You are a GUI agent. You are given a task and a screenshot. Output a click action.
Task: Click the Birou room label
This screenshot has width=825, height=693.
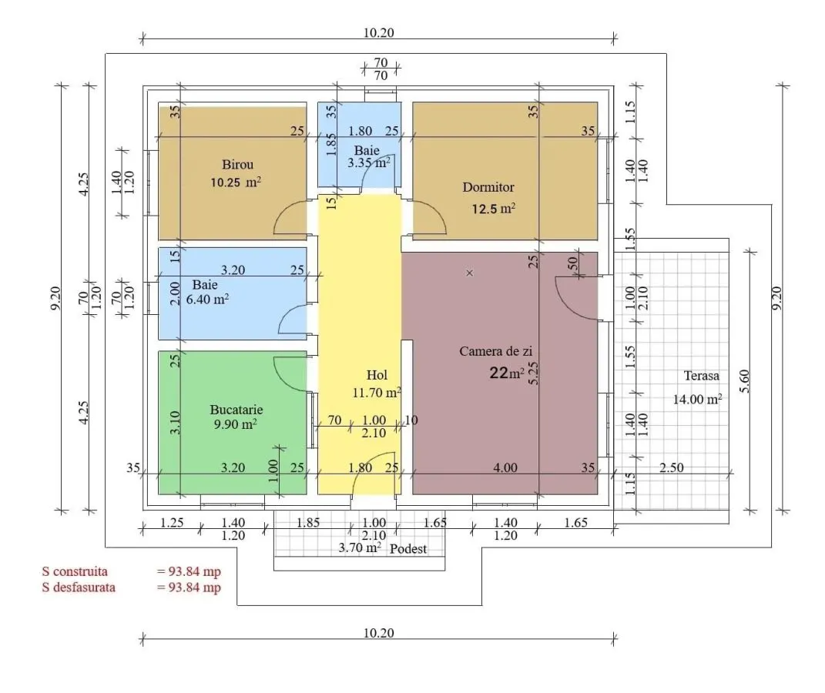(x=237, y=165)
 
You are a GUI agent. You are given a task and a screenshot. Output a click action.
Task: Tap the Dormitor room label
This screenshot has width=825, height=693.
(x=488, y=187)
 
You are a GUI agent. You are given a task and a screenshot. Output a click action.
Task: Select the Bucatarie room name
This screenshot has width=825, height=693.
(x=236, y=410)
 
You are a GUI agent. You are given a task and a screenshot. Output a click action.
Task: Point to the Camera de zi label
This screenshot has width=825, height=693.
(x=495, y=351)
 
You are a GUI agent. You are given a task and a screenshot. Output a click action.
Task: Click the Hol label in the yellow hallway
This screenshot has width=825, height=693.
(x=377, y=375)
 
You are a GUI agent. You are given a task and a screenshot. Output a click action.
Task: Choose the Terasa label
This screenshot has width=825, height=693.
(x=701, y=376)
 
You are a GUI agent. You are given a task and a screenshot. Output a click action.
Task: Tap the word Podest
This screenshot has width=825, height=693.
(x=407, y=549)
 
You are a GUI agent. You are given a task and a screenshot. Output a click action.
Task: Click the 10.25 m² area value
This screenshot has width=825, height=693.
(x=236, y=182)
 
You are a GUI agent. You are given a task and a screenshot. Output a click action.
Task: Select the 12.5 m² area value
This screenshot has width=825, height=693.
(x=493, y=209)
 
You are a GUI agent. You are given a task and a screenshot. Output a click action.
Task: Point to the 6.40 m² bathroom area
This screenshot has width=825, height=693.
(x=207, y=300)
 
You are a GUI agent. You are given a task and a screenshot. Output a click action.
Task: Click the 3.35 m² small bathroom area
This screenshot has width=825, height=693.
(x=368, y=162)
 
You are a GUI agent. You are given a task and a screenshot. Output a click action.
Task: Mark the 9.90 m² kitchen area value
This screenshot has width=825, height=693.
(x=235, y=423)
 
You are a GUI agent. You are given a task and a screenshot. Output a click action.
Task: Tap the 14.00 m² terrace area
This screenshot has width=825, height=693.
(x=697, y=399)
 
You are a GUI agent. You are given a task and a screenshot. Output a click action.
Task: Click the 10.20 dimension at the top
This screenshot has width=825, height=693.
(x=378, y=32)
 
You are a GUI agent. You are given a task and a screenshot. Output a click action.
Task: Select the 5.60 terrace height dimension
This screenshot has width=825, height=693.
(x=744, y=381)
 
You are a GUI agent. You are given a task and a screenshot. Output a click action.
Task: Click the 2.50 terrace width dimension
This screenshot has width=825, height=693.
(x=672, y=467)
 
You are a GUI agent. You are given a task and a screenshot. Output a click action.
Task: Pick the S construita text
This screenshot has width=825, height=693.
(x=75, y=571)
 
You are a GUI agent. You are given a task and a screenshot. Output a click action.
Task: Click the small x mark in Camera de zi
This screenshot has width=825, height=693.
(x=470, y=273)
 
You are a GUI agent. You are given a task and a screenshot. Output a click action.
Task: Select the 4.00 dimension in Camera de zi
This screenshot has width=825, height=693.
(x=505, y=467)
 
